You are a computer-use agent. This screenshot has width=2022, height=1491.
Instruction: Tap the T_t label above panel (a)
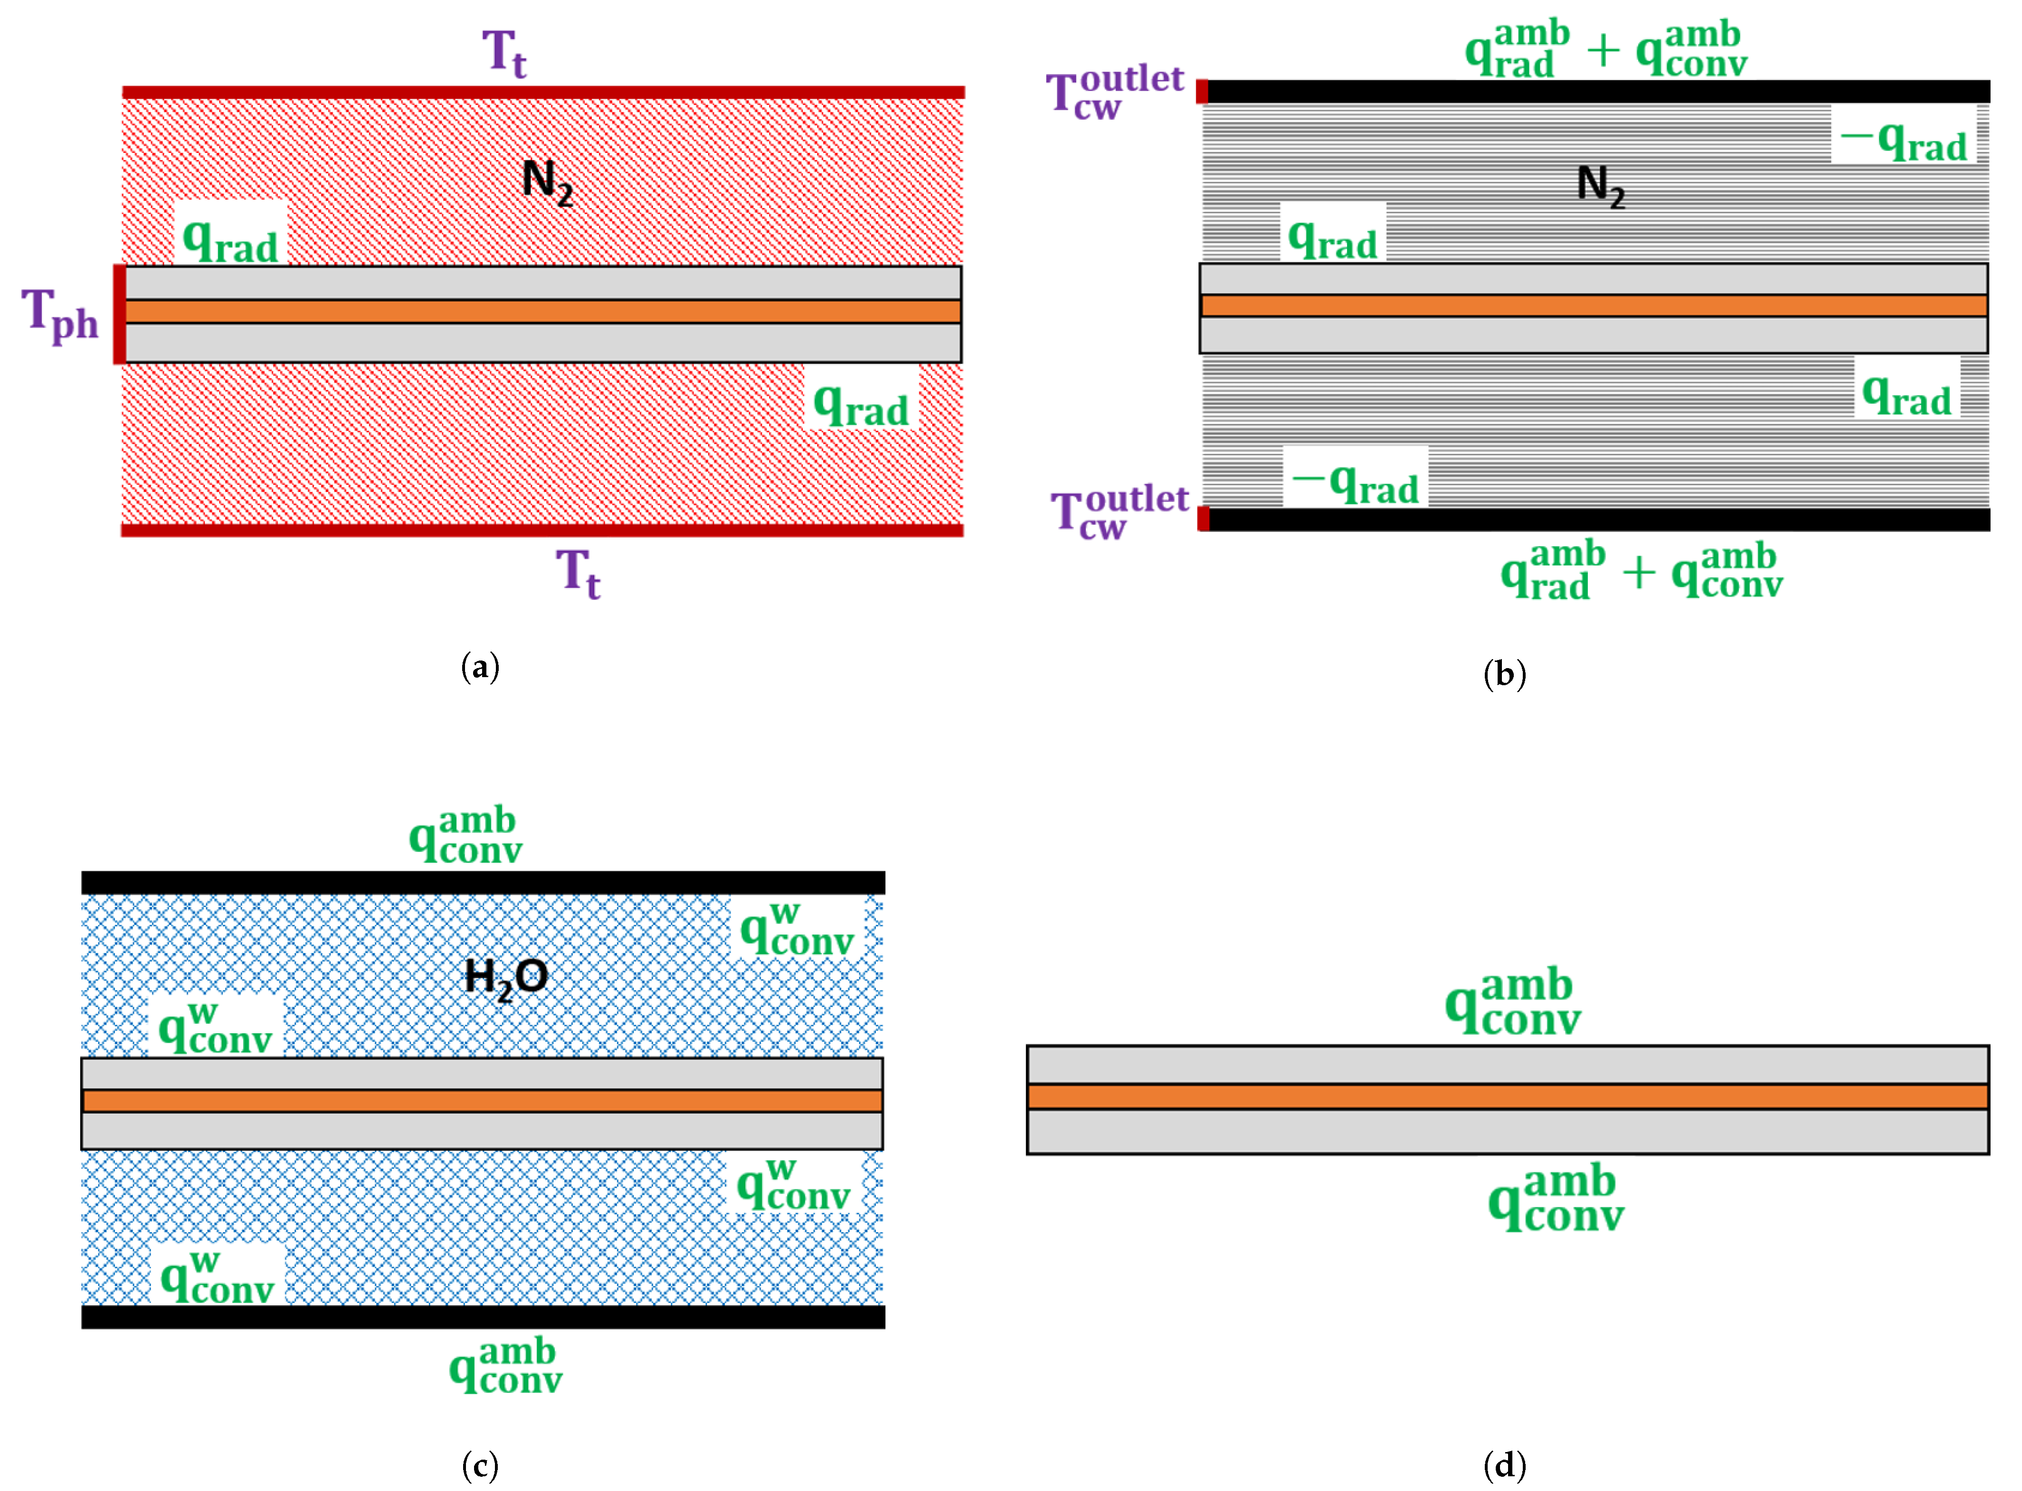(x=503, y=52)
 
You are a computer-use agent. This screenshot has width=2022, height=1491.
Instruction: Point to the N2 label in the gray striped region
(x=1600, y=186)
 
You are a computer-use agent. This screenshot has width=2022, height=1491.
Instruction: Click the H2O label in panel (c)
(x=505, y=977)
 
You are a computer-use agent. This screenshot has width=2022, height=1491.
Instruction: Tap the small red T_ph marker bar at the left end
(x=118, y=314)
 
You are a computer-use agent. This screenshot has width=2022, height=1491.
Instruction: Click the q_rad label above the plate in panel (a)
(x=230, y=240)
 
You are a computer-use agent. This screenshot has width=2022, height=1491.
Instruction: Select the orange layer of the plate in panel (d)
(x=1508, y=1096)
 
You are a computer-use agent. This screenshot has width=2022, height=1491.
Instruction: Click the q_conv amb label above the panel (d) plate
(x=1513, y=1002)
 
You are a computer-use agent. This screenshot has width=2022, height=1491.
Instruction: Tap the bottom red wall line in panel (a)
(x=541, y=530)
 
